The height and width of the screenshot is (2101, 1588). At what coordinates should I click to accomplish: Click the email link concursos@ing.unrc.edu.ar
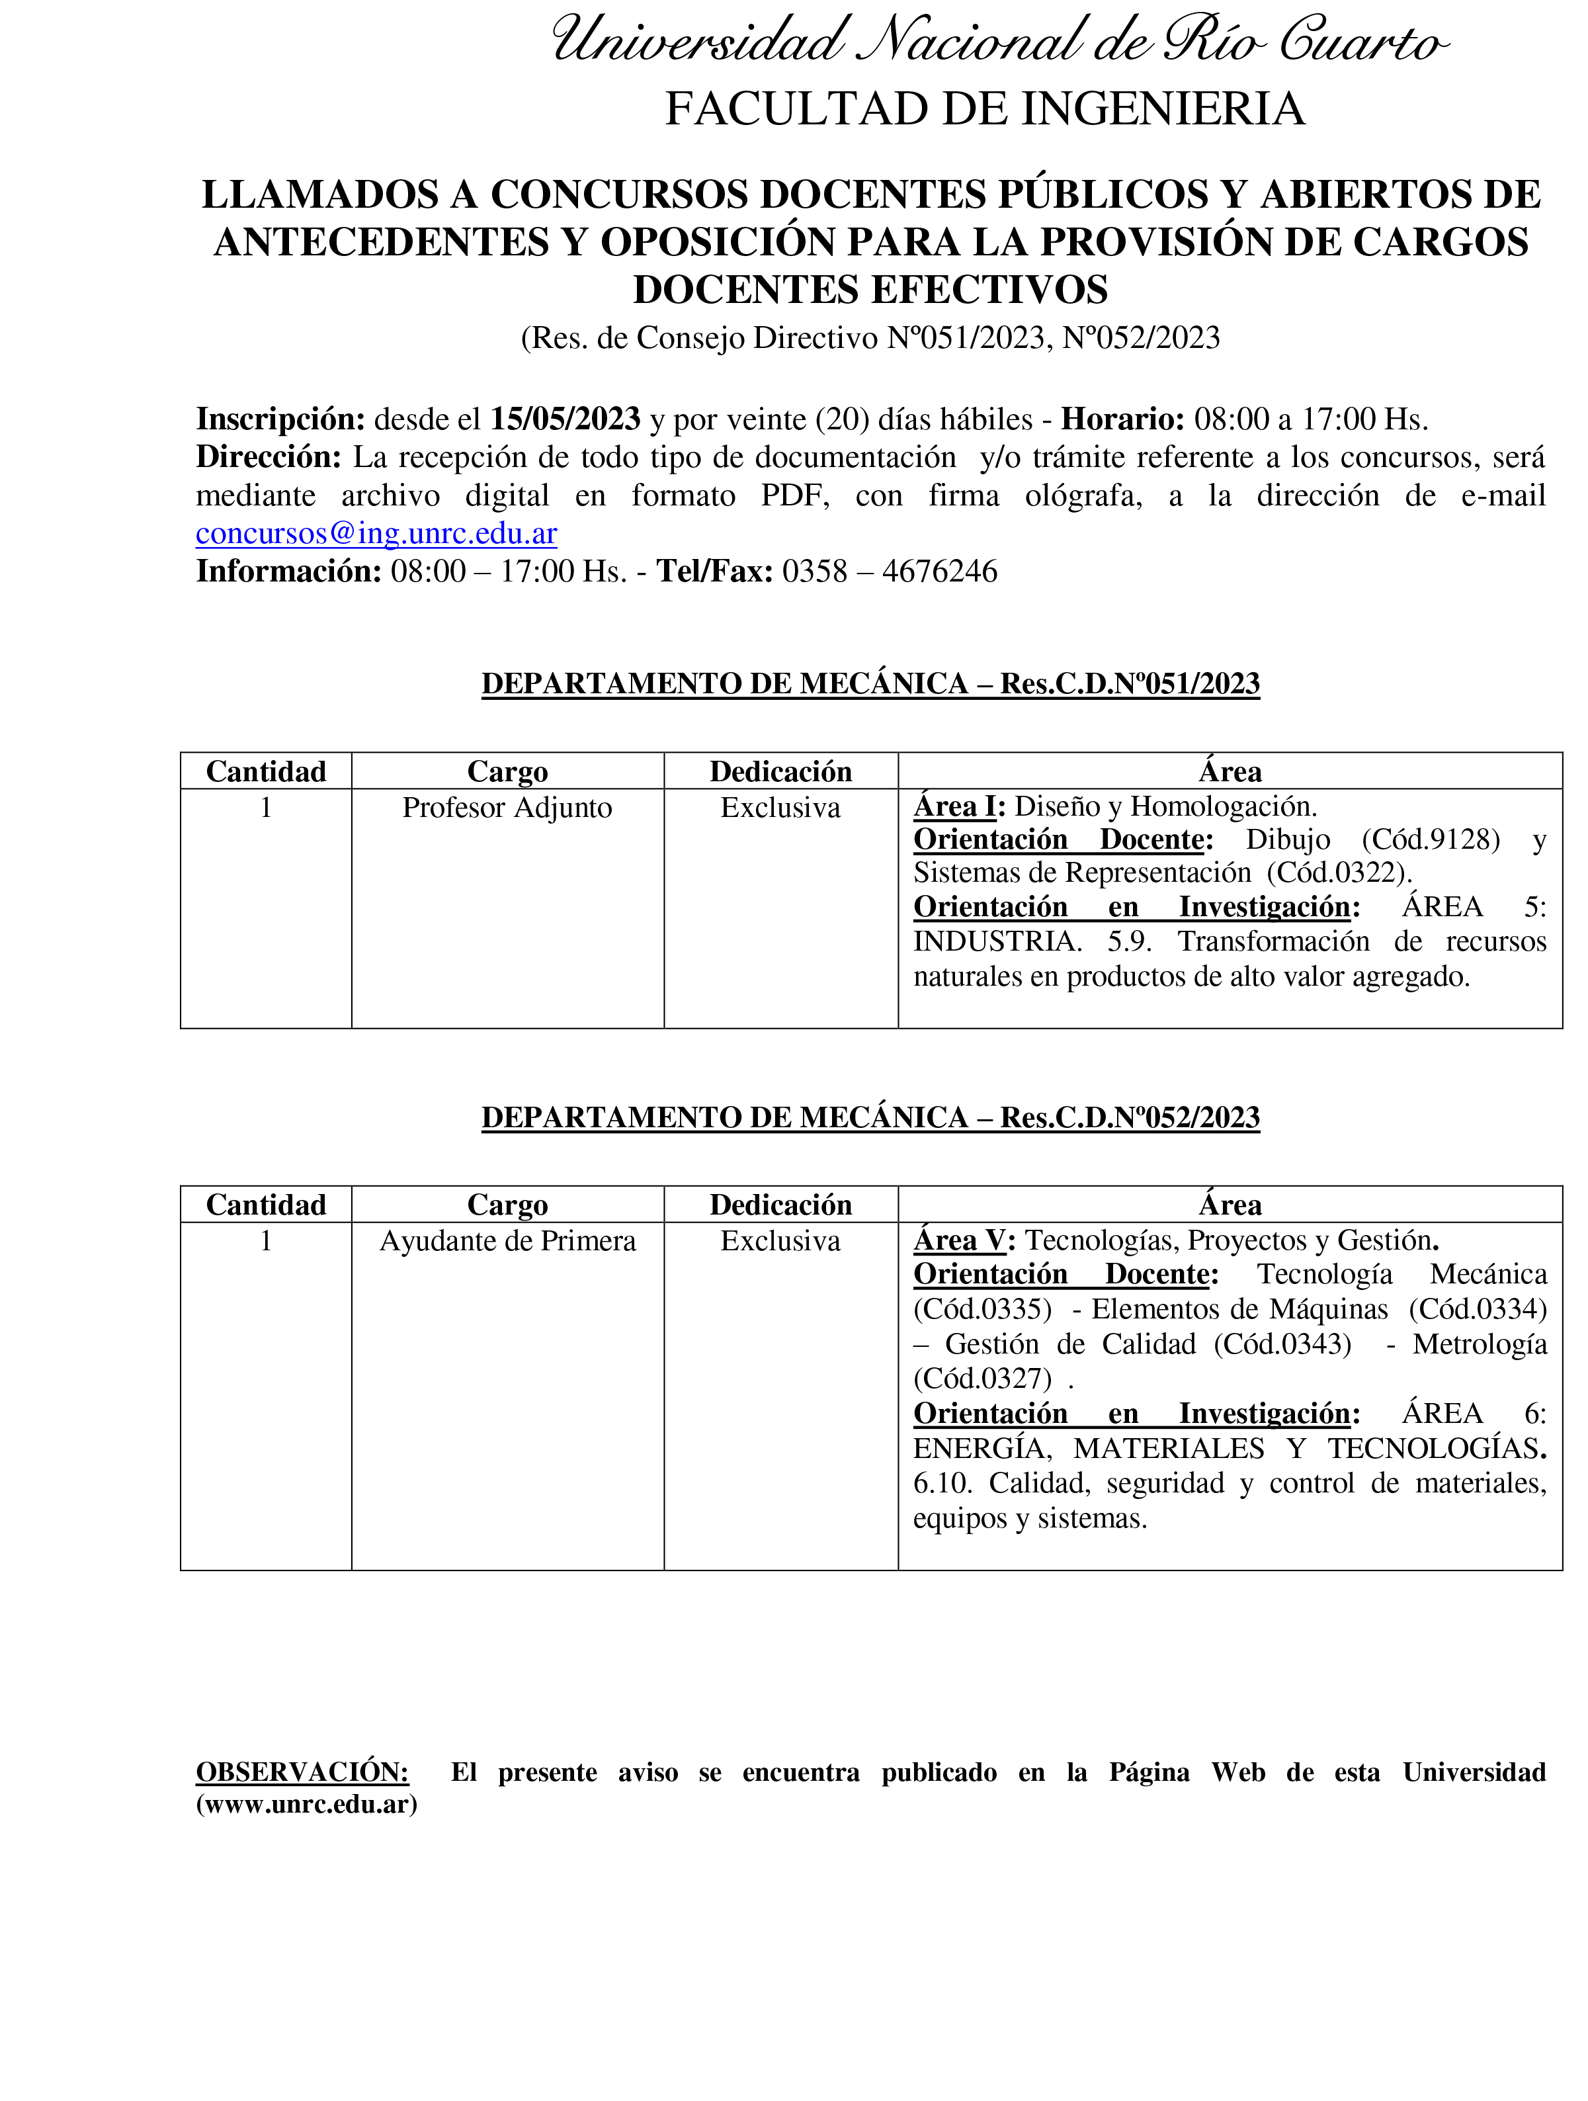click(x=376, y=534)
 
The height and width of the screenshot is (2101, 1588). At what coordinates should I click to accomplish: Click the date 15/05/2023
click(x=565, y=419)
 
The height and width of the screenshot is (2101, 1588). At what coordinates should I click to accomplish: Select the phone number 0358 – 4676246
click(x=890, y=572)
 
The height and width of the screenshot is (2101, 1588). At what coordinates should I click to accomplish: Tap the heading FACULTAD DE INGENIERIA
click(x=984, y=108)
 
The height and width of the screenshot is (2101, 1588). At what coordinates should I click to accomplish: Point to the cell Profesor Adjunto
click(x=507, y=808)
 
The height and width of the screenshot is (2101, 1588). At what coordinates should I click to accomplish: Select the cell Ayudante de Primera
click(x=507, y=1242)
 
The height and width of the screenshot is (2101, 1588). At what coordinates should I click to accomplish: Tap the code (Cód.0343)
click(x=1282, y=1345)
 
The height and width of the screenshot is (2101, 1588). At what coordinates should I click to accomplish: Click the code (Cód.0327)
click(x=982, y=1378)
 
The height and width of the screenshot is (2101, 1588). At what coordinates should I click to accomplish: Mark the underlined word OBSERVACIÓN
click(x=302, y=1772)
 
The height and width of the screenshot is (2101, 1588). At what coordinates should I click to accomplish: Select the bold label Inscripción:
click(x=280, y=419)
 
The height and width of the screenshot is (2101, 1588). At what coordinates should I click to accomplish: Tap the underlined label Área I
click(x=954, y=807)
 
